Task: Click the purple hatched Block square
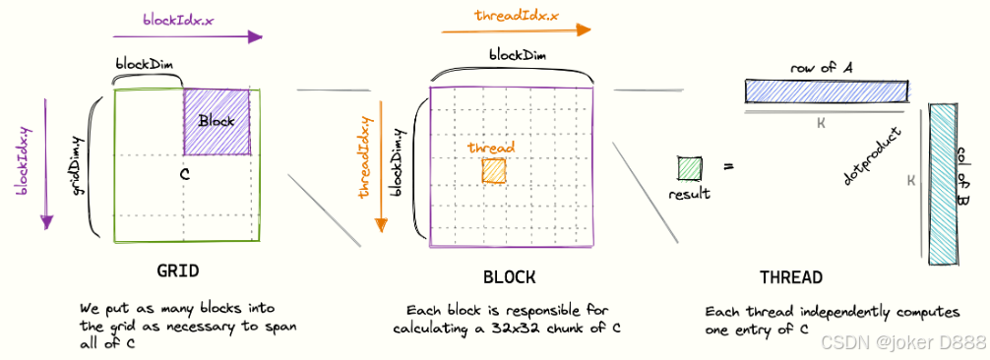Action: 217,122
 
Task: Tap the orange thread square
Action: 493,171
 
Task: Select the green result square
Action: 689,168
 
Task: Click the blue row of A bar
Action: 812,91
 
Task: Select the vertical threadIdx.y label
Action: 366,157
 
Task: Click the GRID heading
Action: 178,270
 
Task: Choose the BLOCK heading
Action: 510,276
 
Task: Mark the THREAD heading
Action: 791,277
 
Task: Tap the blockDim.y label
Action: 398,161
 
